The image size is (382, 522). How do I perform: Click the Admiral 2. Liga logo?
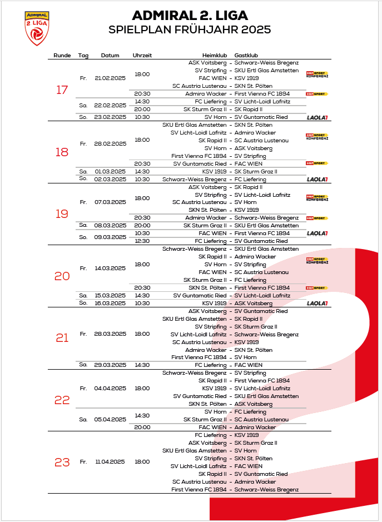37,28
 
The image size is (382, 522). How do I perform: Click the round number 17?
62,90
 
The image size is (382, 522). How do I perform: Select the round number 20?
62,276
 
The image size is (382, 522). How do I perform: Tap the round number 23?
62,462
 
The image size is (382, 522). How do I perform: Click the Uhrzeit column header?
142,56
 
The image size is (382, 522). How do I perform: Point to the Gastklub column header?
246,56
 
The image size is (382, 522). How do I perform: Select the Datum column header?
110,56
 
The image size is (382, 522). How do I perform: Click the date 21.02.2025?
110,78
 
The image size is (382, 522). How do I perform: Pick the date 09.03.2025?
110,237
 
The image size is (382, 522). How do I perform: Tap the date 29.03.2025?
110,365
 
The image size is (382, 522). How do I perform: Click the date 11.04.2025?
110,462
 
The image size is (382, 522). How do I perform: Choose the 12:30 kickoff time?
142,241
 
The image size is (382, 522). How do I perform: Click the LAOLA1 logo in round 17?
317,117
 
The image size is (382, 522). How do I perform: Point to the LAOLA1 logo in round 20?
317,303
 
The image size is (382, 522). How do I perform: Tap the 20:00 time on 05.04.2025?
142,427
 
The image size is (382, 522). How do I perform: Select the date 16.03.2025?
110,304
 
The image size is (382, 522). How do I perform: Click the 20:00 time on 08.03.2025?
142,226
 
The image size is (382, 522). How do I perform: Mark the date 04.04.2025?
110,389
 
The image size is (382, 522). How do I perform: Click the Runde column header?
62,56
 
